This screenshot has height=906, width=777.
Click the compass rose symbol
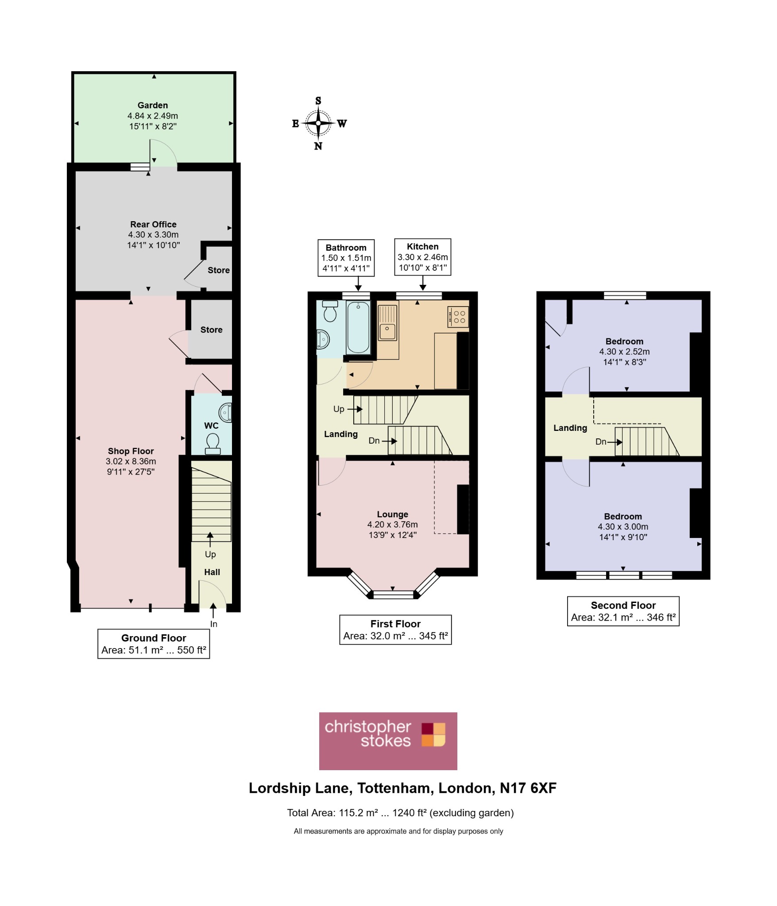pos(318,123)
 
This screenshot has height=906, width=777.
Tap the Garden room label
pos(153,105)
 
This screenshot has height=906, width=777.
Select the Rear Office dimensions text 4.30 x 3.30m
pos(153,234)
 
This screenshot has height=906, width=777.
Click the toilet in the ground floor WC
pos(213,444)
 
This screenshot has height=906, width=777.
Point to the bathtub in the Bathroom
pos(358,327)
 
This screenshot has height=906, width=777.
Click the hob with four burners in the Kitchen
pos(458,317)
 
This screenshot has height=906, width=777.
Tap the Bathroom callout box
pos(346,258)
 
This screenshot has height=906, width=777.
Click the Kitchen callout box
pos(423,257)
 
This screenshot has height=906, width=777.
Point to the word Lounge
pos(393,514)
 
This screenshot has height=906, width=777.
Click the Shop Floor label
pos(131,451)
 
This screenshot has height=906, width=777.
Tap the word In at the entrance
pos(214,624)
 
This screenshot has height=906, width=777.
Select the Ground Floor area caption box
pos(154,644)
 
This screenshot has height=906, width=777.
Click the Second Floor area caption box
pos(623,611)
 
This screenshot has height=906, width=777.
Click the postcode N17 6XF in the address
pos(528,788)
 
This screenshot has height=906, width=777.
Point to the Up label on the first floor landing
pos(339,409)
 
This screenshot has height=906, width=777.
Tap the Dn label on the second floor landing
pos(601,441)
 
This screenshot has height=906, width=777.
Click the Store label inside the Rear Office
pos(219,270)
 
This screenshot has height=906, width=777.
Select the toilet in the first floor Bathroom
pos(330,311)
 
